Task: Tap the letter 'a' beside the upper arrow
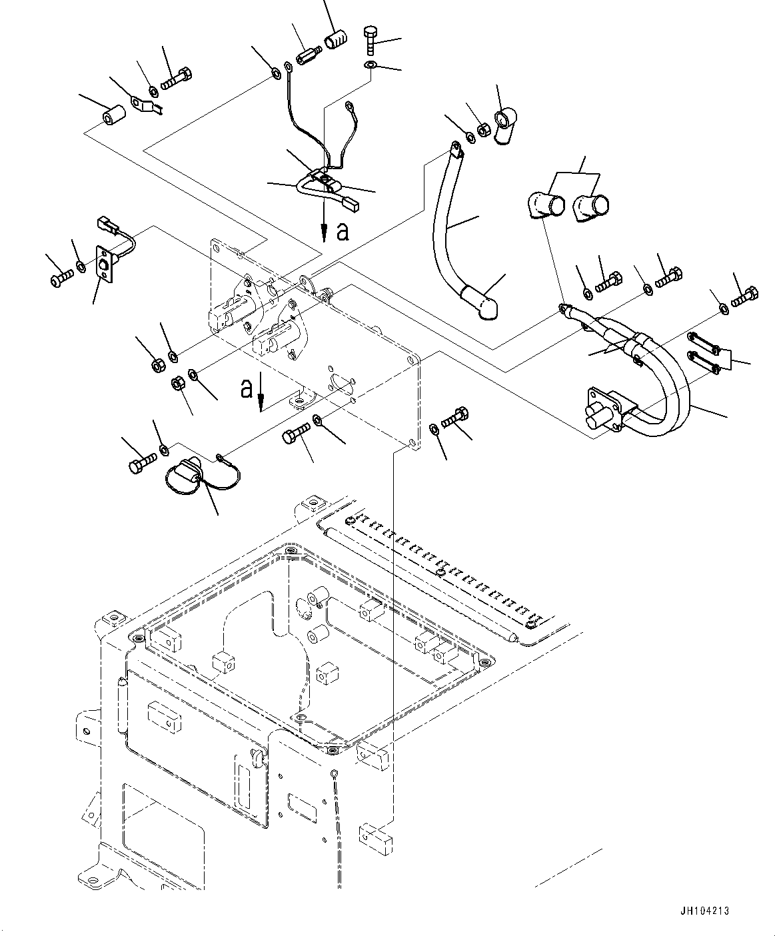point(343,231)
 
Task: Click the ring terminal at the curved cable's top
point(454,149)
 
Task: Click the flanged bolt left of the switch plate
point(61,274)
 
